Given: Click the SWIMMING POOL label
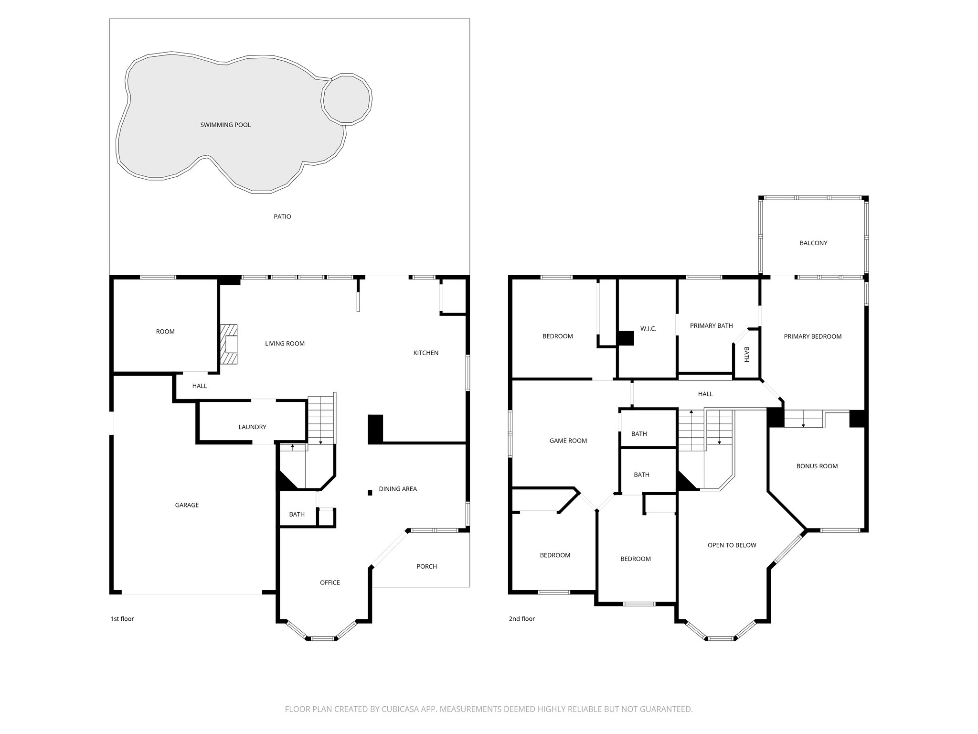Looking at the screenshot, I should (225, 125).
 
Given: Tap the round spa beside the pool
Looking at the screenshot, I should (347, 99).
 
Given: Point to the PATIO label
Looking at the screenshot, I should (282, 216).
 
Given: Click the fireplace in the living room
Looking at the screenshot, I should (229, 345).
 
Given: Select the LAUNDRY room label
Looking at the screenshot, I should (252, 427).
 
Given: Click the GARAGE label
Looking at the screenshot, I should (187, 505).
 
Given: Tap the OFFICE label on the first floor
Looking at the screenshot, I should (330, 582).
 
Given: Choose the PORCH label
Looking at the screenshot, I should (426, 566).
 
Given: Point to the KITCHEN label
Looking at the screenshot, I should (425, 353).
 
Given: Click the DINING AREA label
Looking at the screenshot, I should (398, 489).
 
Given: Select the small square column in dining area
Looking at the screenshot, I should (370, 493).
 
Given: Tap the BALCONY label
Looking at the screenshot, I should (813, 243).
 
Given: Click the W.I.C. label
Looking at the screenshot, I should (648, 329).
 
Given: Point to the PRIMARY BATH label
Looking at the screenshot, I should (711, 325).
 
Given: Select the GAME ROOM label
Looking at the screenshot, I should (568, 441).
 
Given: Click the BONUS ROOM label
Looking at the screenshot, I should (817, 466).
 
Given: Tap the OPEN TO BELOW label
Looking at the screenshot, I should (732, 545).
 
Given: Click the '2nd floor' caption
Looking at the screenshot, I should (521, 619).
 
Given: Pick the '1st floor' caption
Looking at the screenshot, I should (122, 619).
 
